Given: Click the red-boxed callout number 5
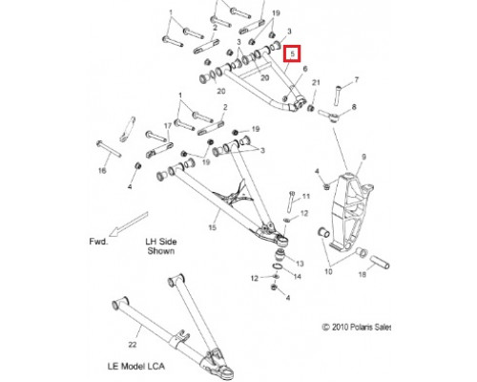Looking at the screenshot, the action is pos(292,54).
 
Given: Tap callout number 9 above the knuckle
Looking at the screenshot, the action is pos(363,157).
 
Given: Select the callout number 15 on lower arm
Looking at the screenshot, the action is pos(212,227).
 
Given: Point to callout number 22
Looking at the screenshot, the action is pos(133,345).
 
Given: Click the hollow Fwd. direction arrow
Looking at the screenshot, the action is pos(129,224).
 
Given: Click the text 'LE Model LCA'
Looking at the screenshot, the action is pos(136,366).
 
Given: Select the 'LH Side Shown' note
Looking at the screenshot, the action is pos(161,246).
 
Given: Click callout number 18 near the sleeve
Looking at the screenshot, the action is pos(363,274).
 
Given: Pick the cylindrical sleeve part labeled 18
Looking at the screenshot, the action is pos(380,262).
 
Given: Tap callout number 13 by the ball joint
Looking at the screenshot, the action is pos(300,264).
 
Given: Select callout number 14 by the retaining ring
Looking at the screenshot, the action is pos(297,276).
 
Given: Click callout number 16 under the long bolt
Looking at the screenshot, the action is pos(102,171).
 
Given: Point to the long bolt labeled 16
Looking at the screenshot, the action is pos(109,149).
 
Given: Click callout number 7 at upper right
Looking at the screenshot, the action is pos(356,79).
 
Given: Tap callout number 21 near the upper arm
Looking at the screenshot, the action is pos(316,83).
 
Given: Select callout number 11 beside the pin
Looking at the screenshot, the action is pos(305,196).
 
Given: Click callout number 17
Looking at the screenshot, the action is pos(168,126).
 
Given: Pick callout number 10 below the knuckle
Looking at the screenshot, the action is pos(328,271).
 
